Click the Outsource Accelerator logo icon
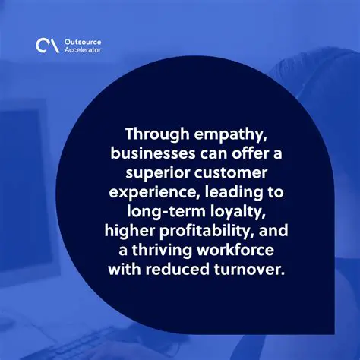coord(46,46)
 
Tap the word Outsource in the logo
coord(82,40)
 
